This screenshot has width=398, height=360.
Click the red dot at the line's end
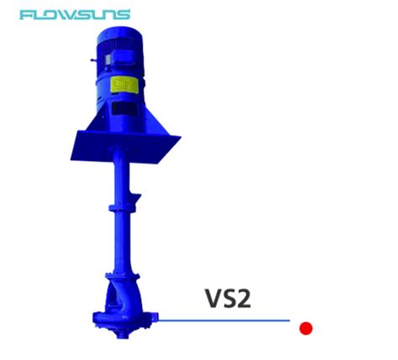[x=306, y=328]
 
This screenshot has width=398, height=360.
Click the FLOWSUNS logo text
[x=75, y=15]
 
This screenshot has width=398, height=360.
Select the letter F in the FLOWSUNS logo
[x=25, y=15]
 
